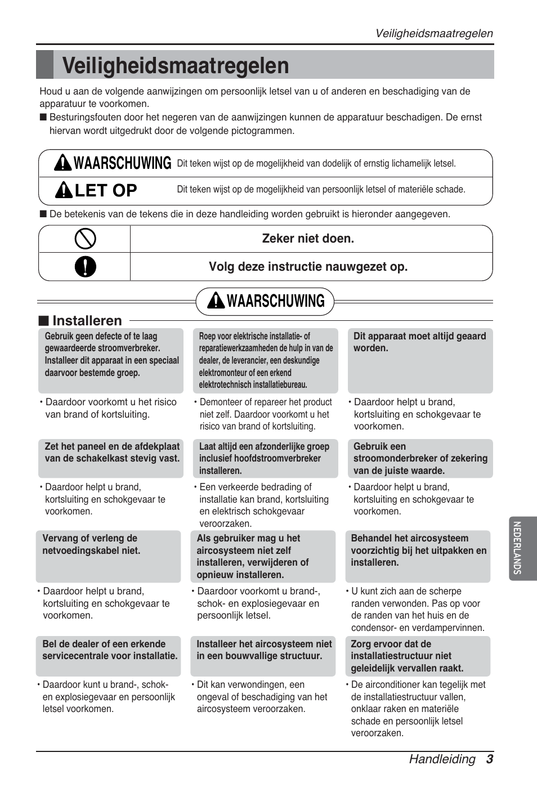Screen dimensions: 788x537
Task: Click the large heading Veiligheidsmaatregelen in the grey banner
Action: (176, 66)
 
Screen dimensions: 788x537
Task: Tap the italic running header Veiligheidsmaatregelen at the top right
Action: (434, 33)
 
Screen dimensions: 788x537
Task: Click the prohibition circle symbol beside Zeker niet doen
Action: (85, 239)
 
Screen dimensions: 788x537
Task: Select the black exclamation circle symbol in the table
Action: (85, 267)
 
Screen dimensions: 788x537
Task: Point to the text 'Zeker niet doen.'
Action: (308, 239)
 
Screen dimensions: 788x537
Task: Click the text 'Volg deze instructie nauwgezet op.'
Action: (308, 267)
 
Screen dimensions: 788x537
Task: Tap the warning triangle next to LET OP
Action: (63, 191)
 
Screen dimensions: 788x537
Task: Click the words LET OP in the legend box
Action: (106, 191)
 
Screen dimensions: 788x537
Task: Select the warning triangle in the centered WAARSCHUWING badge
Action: (216, 302)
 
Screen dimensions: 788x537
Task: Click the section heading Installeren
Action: (87, 321)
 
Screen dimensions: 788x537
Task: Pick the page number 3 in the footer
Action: (490, 759)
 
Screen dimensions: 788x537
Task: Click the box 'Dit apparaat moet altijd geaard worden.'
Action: (420, 360)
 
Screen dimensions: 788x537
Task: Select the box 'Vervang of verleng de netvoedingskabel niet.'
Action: (108, 556)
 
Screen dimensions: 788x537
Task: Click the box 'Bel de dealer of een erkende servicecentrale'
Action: (108, 656)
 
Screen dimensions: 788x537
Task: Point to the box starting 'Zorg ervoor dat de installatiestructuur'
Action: (418, 656)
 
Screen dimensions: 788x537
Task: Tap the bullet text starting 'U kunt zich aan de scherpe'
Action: (417, 609)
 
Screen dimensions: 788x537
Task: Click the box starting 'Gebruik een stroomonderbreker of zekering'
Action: (420, 458)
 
